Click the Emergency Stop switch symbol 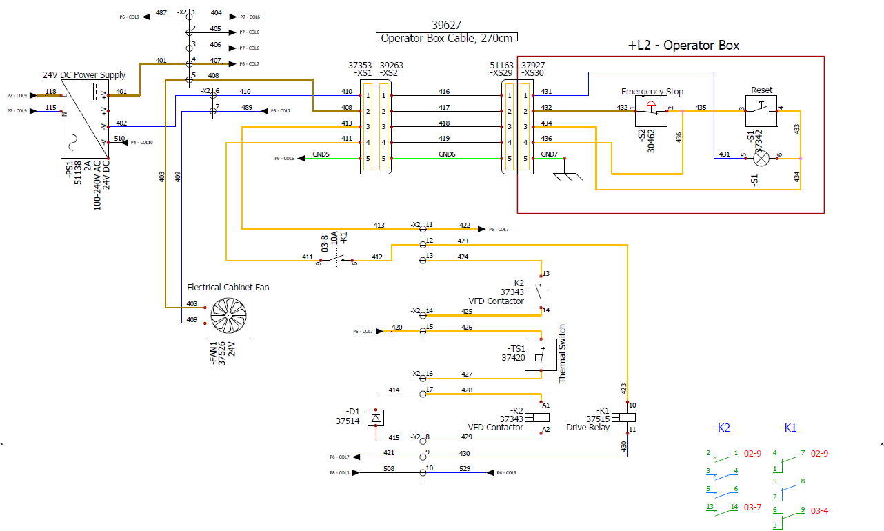pyautogui.click(x=652, y=112)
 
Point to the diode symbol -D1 pyautogui.click(x=376, y=417)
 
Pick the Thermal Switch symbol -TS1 pyautogui.click(x=541, y=355)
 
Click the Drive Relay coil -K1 pyautogui.click(x=627, y=418)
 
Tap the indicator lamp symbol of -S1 pyautogui.click(x=761, y=158)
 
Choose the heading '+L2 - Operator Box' pyautogui.click(x=683, y=46)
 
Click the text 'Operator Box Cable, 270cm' pyautogui.click(x=447, y=38)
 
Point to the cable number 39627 pyautogui.click(x=446, y=25)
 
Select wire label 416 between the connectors pyautogui.click(x=444, y=92)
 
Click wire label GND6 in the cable pyautogui.click(x=446, y=154)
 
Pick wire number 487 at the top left pyautogui.click(x=161, y=13)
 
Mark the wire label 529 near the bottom pyautogui.click(x=465, y=469)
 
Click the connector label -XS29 pyautogui.click(x=500, y=73)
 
